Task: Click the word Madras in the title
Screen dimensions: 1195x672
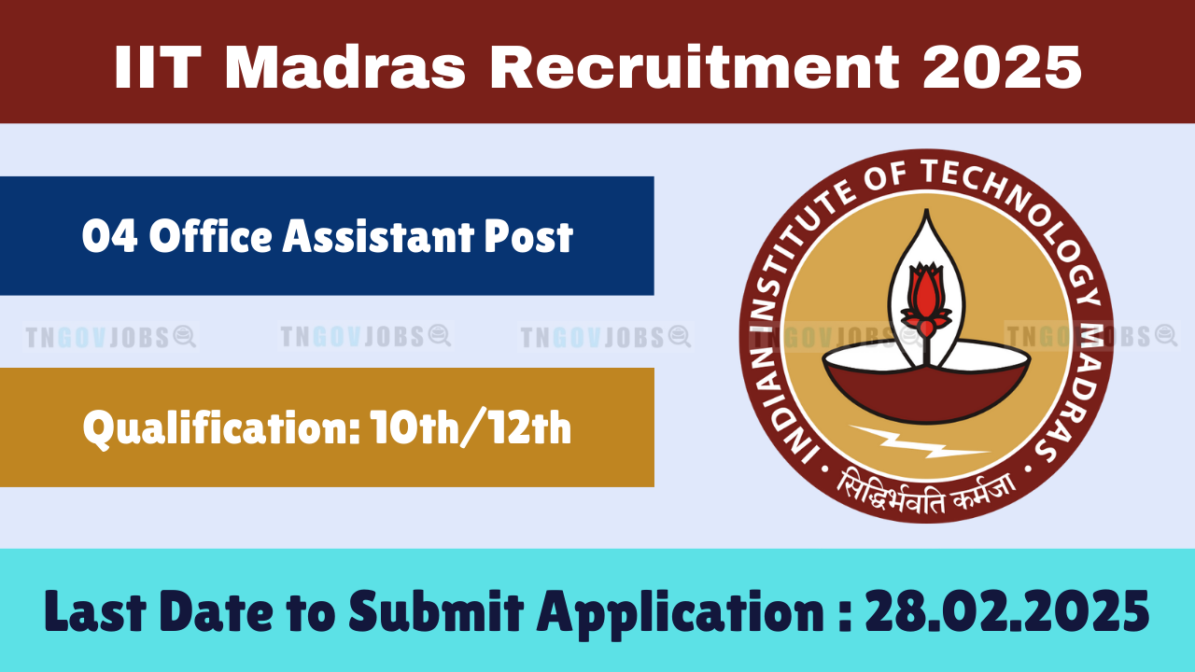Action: click(345, 68)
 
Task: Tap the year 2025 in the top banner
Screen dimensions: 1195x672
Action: click(1002, 68)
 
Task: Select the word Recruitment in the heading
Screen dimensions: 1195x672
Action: click(695, 68)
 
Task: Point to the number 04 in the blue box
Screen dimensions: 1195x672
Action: click(110, 236)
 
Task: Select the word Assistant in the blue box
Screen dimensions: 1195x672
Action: click(378, 236)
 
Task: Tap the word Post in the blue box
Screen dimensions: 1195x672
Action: click(528, 236)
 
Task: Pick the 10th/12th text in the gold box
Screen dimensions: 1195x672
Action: click(471, 427)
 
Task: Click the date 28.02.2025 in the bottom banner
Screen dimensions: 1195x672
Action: click(1007, 611)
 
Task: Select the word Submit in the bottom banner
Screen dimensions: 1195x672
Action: click(436, 611)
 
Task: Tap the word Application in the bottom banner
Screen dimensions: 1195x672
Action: click(681, 614)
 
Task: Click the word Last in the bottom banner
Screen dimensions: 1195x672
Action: click(95, 611)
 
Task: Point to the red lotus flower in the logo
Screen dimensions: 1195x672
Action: click(926, 299)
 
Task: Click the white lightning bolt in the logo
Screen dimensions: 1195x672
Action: click(919, 441)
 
